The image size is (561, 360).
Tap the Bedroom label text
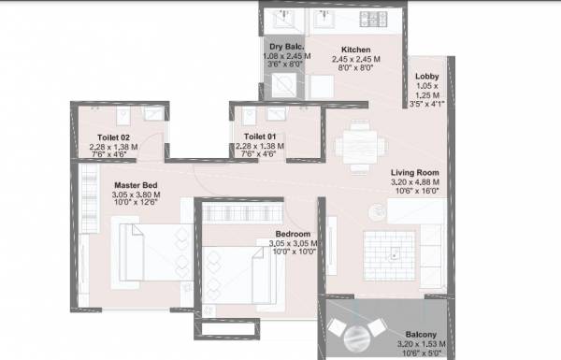(293, 235)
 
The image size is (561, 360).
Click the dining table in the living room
(360, 145)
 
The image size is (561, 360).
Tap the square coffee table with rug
(395, 247)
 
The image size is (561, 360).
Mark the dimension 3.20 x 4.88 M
(415, 182)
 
